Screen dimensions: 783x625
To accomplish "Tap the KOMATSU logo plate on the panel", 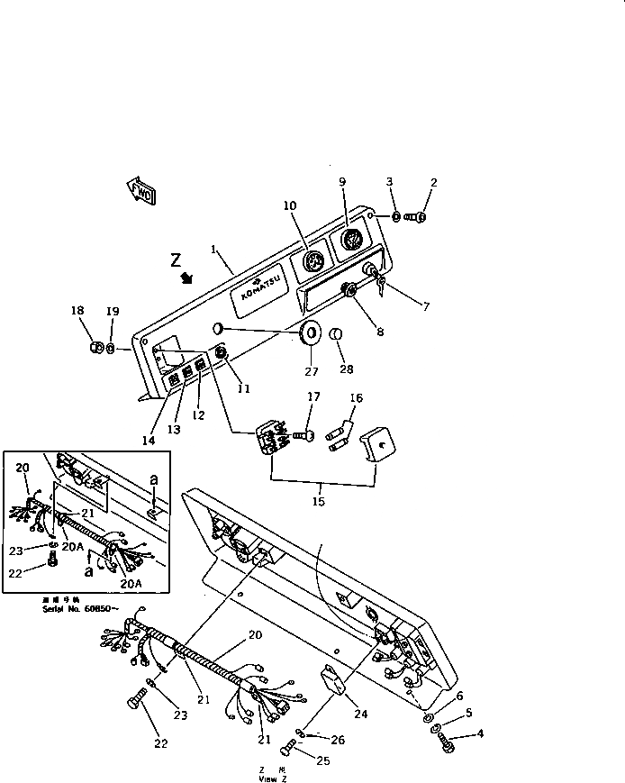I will pyautogui.click(x=260, y=290).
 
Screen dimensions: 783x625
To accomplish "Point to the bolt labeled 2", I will pyautogui.click(x=417, y=216).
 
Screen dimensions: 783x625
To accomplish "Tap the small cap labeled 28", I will pyautogui.click(x=336, y=337).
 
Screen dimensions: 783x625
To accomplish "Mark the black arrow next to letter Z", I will pyautogui.click(x=187, y=278).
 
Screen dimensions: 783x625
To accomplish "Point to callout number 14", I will pyautogui.click(x=147, y=441).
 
